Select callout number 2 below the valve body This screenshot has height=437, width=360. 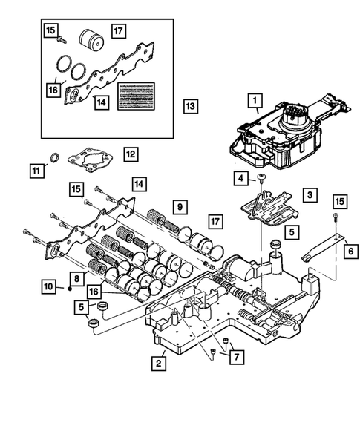click(159, 363)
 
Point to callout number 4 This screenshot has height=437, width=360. click(241, 178)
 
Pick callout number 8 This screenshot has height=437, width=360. click(75, 277)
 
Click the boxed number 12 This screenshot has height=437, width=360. click(130, 154)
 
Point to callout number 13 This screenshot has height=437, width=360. click(191, 108)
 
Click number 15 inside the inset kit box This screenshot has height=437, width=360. click(50, 30)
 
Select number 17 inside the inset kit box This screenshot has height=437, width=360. click(118, 30)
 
